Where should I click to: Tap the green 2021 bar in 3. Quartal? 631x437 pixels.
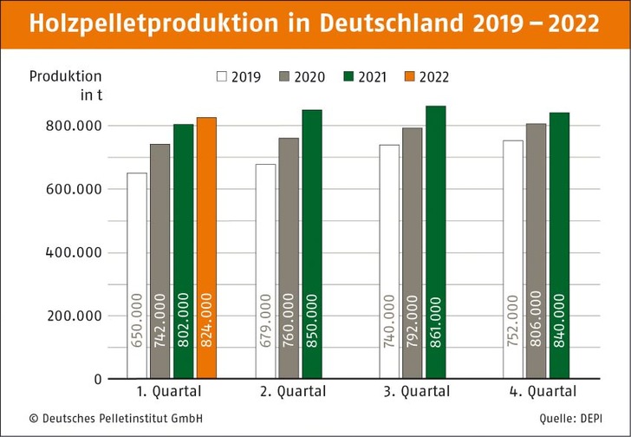435,242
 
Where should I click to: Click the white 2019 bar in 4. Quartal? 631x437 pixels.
513,259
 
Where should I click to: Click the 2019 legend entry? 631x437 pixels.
238,76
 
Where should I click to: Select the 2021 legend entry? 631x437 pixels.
365,76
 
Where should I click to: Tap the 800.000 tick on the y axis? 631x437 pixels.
74,126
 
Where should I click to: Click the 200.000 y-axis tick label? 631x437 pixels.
74,316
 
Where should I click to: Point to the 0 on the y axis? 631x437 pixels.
98,380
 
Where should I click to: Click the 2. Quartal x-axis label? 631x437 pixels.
293,392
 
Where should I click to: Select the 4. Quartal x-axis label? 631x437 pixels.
543,392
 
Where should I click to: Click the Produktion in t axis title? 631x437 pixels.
66,85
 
